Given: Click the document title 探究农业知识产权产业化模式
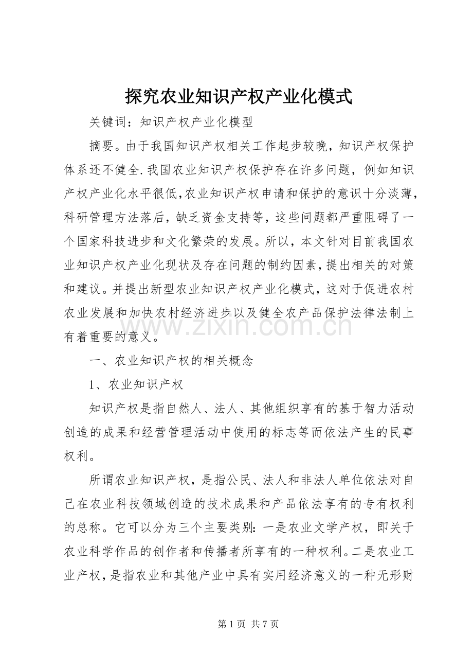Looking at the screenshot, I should pos(238,96).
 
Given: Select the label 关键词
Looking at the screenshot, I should pos(107,122).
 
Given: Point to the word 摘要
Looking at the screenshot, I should pos(101,146).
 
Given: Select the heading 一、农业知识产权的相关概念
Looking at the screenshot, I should pos(171,361).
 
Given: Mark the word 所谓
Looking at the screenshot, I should pos(101,481).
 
